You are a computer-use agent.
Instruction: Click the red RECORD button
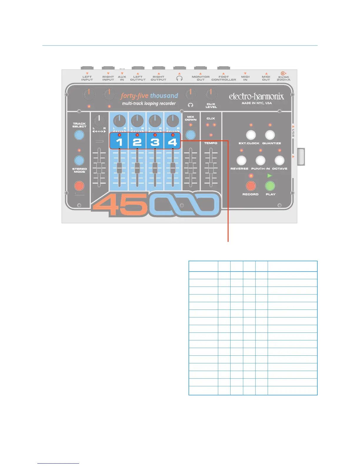coord(251,186)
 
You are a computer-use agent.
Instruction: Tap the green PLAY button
coord(270,186)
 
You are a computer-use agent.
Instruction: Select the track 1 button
coord(119,142)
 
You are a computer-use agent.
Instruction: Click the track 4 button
coord(173,142)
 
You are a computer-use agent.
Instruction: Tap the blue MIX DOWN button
coord(191,135)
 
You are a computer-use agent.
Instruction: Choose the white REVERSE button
coord(241,160)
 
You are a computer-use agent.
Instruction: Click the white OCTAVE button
coord(279,160)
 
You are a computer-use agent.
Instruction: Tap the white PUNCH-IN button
coord(260,160)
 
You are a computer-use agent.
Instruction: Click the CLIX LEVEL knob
coord(211,94)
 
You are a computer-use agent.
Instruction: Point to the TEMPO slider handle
coord(211,168)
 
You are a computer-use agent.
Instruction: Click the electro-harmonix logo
coord(256,96)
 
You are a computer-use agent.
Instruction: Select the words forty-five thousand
coord(149,96)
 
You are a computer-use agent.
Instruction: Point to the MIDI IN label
coord(245,78)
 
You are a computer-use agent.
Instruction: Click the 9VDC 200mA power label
coord(284,78)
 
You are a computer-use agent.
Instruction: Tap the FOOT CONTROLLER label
coord(224,78)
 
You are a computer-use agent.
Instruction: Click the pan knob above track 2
coord(137,121)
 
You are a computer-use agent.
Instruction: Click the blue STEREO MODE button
coord(79,160)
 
